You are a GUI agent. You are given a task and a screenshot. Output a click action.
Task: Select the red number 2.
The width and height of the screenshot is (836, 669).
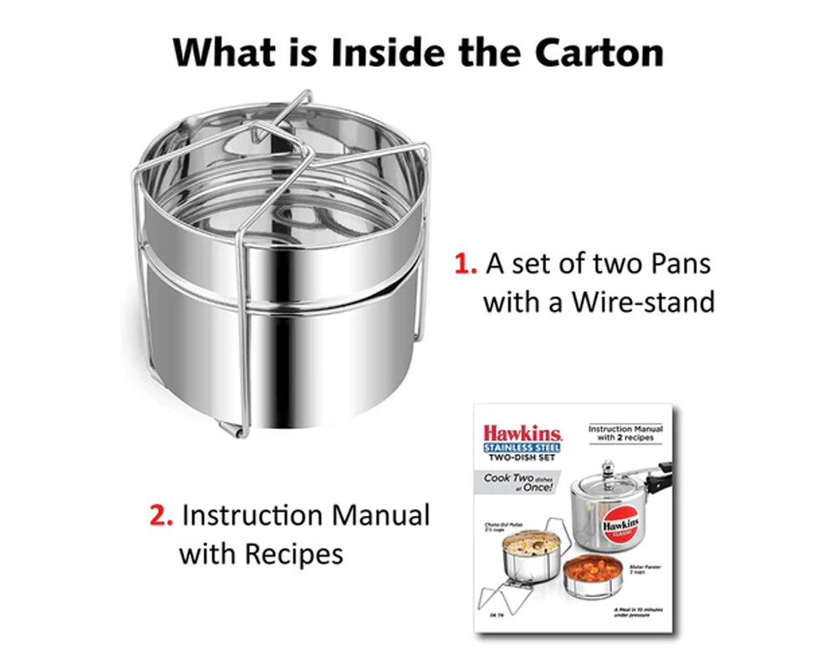click(x=160, y=515)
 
